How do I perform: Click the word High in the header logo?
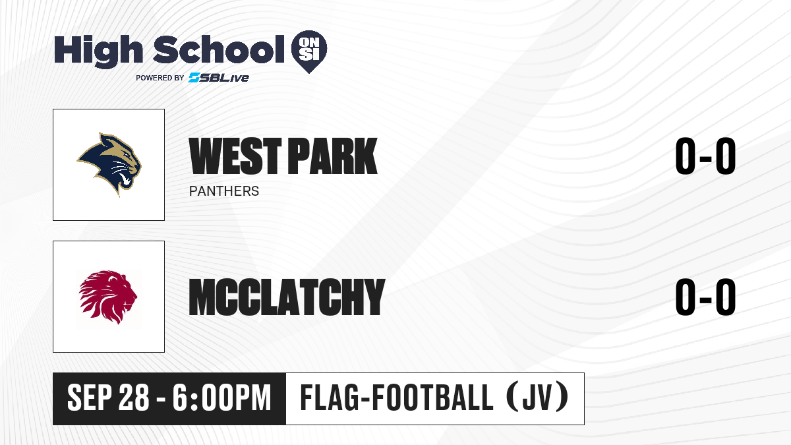[98, 51]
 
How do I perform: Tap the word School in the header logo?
[219, 49]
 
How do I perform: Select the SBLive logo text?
[219, 77]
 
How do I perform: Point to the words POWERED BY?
[160, 78]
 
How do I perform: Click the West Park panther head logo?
[109, 164]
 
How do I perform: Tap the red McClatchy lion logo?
[108, 297]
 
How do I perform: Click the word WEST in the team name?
[235, 156]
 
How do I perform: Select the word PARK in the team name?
[333, 156]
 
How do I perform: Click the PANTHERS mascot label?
[224, 191]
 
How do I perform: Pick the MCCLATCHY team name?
[287, 297]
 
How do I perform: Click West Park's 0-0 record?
[705, 156]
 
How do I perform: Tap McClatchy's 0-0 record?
[705, 297]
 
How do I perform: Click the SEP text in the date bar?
[90, 398]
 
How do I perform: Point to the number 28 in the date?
[134, 398]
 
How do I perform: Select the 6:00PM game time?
[221, 398]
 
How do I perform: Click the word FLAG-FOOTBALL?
[397, 398]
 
